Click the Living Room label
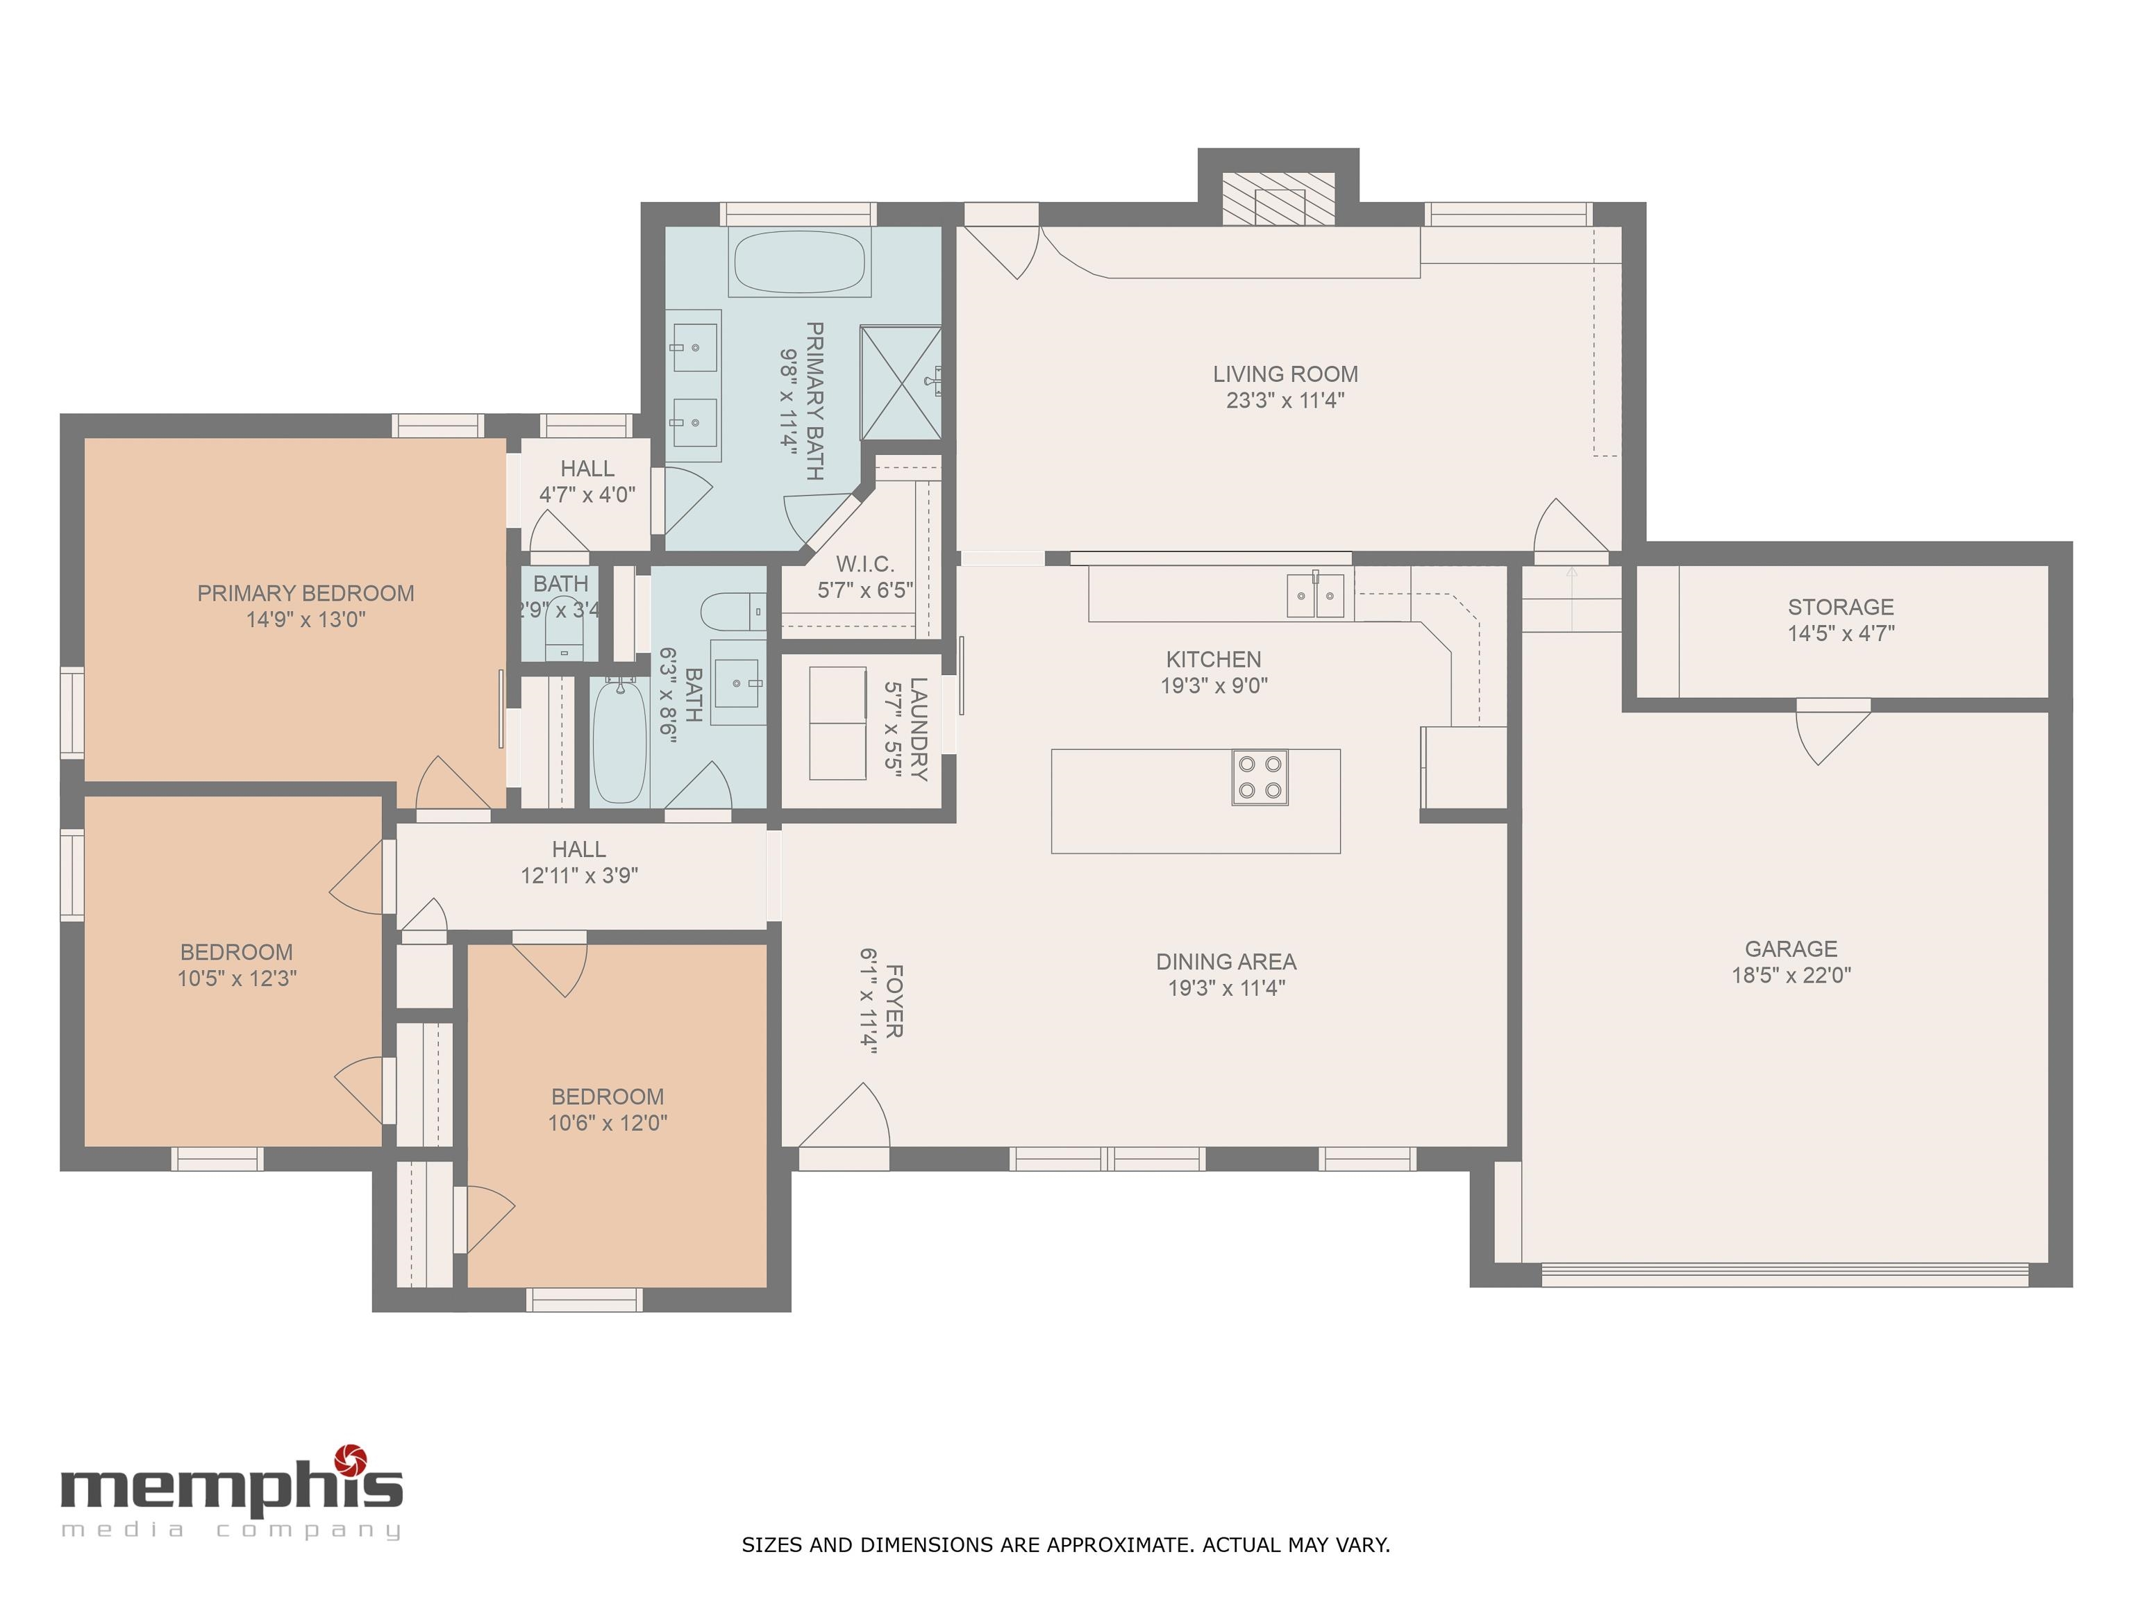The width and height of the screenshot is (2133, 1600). coord(1285,374)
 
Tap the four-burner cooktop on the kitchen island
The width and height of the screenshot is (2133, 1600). coord(1260,777)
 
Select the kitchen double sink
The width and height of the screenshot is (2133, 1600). coord(1315,594)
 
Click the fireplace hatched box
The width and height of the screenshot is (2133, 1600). coord(1279,199)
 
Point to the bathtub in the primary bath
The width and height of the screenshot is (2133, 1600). coord(799,261)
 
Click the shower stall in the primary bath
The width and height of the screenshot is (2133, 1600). coord(901,383)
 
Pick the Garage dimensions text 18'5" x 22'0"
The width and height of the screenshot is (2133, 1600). coord(1791,975)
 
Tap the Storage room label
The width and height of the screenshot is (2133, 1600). coord(1841,608)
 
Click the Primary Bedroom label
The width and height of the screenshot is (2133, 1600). coord(306,593)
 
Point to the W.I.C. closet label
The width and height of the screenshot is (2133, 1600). coord(865,564)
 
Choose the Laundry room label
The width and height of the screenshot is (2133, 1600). coord(918,729)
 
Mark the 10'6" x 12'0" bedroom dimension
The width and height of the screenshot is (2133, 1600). coord(608,1123)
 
